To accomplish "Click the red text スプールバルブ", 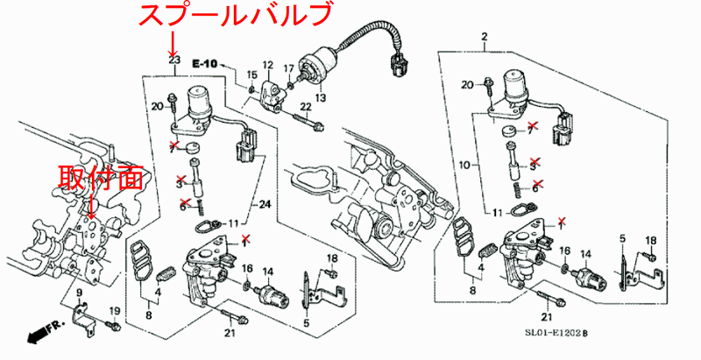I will (x=237, y=16).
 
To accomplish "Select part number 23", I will (x=173, y=60).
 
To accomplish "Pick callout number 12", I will (x=268, y=66).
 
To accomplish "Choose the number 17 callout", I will (x=287, y=67).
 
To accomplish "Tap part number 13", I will (x=321, y=96).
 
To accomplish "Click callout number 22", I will (x=306, y=106).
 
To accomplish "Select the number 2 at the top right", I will (x=483, y=36).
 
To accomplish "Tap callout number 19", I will (x=114, y=312).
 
